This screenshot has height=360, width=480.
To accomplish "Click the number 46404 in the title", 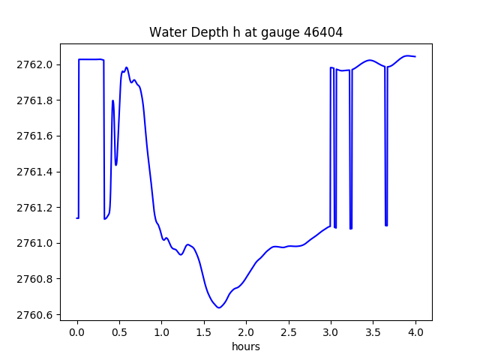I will pyautogui.click(x=321, y=32).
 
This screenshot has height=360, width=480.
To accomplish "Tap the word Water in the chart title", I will pyautogui.click(x=167, y=32).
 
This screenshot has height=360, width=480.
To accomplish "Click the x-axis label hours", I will pyautogui.click(x=246, y=347).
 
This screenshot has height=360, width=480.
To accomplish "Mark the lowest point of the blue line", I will pyautogui.click(x=219, y=307).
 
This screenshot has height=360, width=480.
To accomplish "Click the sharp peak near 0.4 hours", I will pyautogui.click(x=113, y=100).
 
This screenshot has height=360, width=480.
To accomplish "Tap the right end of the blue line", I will pyautogui.click(x=415, y=57).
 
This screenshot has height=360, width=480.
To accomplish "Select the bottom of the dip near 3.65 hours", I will pyautogui.click(x=386, y=225).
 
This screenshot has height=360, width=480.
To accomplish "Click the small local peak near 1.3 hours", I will pyautogui.click(x=187, y=244).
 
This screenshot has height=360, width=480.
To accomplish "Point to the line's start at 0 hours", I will pyautogui.click(x=77, y=218).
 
